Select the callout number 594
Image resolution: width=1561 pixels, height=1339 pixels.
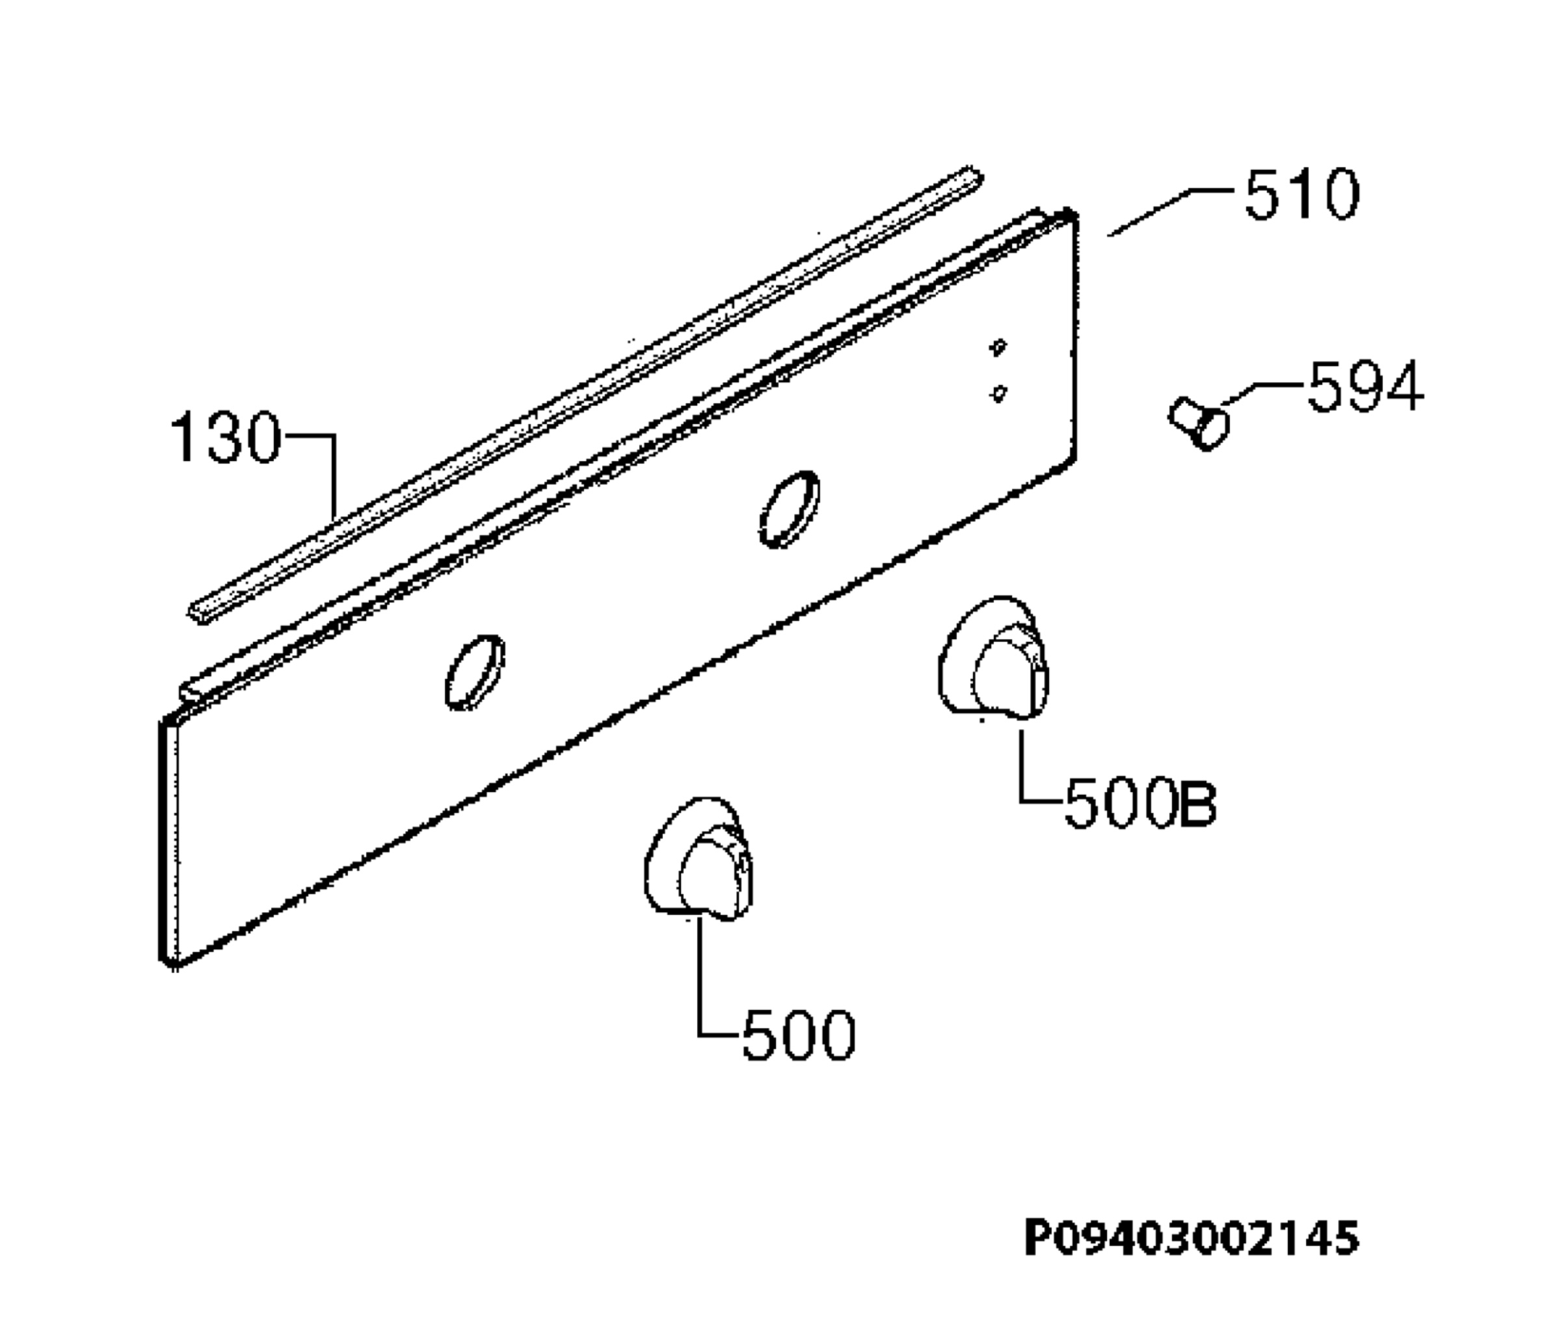[1365, 386]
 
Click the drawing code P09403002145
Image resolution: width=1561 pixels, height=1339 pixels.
[1192, 1239]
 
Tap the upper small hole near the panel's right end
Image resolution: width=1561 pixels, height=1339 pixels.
[998, 347]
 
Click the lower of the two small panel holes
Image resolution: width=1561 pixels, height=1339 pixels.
[999, 393]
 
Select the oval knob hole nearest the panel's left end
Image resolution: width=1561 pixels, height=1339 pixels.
[475, 672]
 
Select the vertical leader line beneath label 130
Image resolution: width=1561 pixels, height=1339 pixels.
[334, 477]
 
